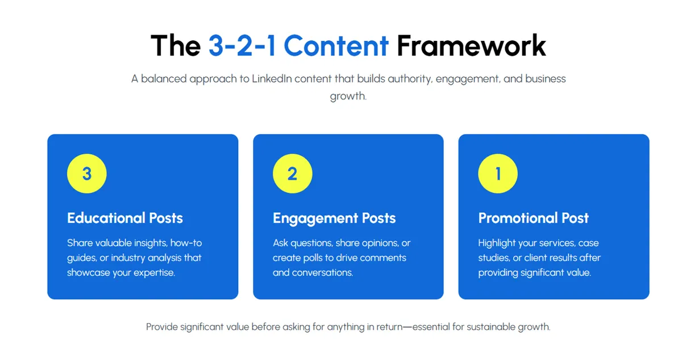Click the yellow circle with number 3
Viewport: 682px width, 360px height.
(86, 173)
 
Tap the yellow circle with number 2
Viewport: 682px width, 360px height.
(292, 173)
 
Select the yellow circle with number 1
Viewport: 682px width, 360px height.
(498, 173)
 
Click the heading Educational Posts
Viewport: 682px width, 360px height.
(125, 218)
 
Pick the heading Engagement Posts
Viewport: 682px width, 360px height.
(334, 218)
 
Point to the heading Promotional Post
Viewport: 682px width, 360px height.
(534, 218)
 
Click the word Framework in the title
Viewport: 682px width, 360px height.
(471, 45)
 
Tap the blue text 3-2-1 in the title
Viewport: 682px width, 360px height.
(242, 45)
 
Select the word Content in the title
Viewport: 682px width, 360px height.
(336, 45)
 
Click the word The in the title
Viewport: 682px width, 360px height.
(175, 45)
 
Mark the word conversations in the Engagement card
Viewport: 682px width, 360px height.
(322, 272)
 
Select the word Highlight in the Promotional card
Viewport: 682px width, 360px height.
(497, 243)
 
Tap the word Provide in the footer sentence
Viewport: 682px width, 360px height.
(162, 327)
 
